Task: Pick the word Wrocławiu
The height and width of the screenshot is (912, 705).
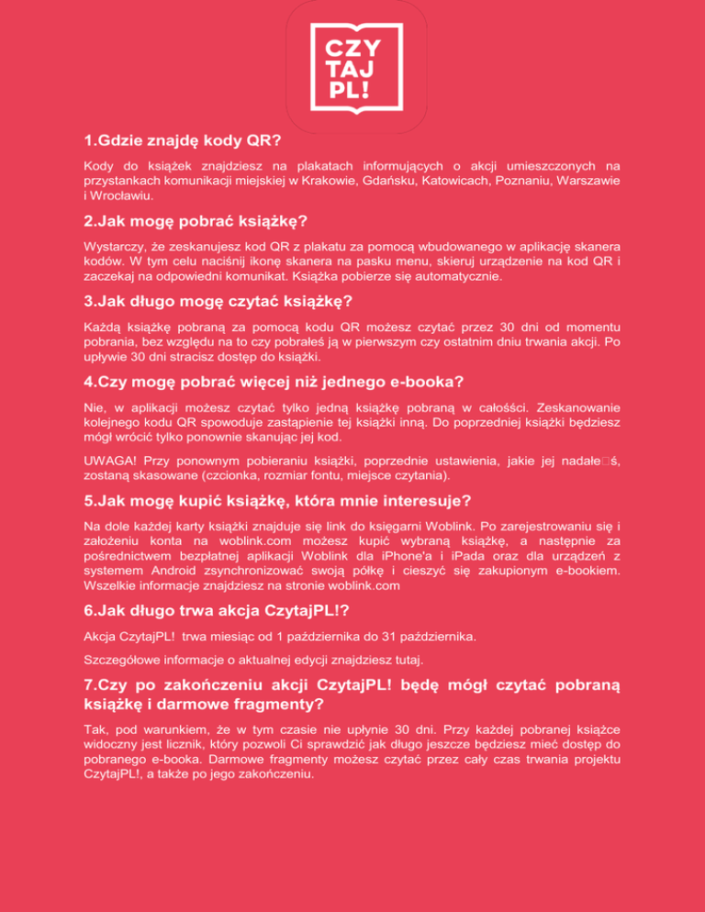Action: coord(124,195)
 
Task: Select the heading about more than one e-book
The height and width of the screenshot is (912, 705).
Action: coord(260,381)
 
